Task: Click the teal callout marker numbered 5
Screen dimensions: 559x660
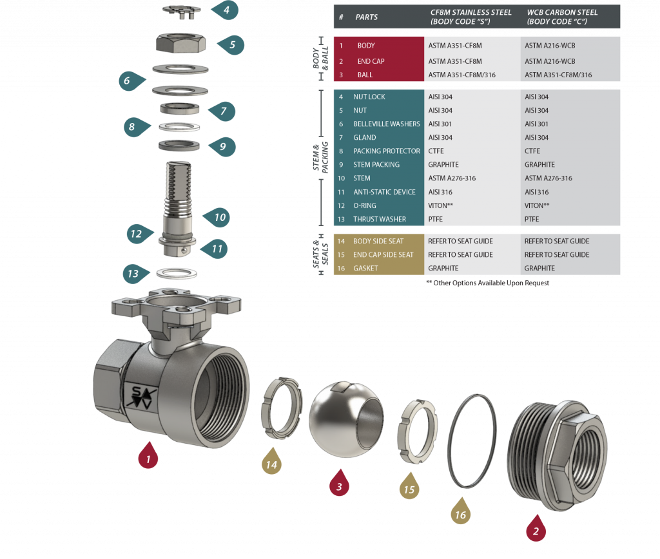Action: (231, 45)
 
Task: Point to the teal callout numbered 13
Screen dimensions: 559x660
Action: (133, 274)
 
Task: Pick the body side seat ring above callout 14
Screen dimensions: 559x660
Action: (281, 405)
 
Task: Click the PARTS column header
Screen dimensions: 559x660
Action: (367, 17)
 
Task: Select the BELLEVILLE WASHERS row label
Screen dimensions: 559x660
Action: (386, 124)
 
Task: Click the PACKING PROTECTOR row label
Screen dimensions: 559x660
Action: (386, 151)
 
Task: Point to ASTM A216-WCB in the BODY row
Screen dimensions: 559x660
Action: (549, 46)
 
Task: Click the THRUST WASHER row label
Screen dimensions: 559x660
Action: (379, 219)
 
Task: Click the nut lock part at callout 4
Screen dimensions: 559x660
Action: (181, 9)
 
